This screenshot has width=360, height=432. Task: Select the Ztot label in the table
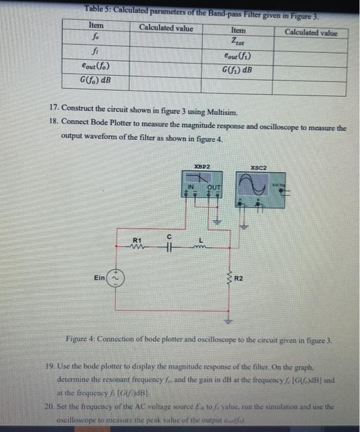(237, 42)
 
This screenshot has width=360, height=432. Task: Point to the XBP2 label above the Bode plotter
(202, 167)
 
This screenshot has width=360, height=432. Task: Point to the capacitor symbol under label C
(167, 246)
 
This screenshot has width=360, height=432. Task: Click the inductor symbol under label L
(200, 246)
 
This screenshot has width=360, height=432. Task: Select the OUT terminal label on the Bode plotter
(213, 188)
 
